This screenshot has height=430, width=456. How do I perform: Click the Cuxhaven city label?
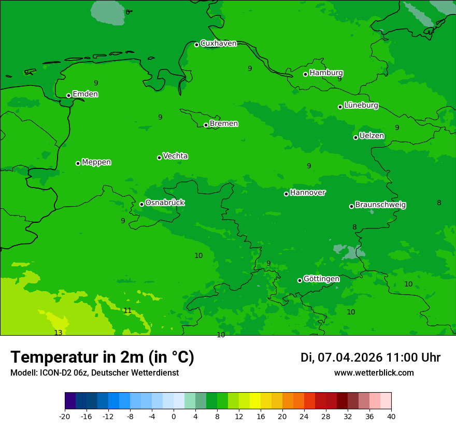218,44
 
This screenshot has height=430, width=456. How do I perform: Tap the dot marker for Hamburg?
306,74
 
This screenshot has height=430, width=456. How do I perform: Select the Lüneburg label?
361,105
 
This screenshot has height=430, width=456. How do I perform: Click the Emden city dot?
68,95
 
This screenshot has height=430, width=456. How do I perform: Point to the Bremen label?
224,124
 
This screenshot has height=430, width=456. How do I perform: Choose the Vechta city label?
175,156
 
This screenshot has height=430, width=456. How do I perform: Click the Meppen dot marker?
78,163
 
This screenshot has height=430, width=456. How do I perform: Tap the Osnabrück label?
165,203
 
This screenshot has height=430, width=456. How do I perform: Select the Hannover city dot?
286,194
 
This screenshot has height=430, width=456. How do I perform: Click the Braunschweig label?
380,205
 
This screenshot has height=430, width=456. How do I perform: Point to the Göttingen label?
321,279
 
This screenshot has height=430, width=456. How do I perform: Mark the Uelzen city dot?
355,137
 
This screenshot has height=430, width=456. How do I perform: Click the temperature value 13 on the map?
58,333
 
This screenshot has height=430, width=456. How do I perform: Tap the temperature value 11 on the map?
127,311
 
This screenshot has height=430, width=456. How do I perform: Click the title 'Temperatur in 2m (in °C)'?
102,357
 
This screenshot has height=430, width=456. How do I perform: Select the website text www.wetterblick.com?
374,373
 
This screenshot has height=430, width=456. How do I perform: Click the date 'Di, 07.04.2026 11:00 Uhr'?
370,357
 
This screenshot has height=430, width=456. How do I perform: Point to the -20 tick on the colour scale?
65,416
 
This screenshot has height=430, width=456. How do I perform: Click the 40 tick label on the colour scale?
391,416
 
